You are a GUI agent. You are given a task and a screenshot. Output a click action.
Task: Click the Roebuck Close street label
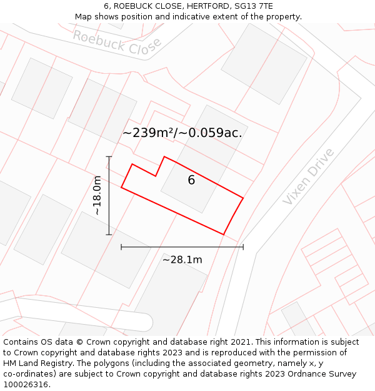coord(116,41)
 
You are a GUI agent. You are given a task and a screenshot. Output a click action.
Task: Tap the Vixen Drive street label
coord(308,176)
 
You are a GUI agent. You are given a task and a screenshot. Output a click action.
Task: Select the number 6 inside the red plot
coord(191,180)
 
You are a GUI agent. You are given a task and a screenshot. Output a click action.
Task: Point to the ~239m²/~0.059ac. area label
coord(182,133)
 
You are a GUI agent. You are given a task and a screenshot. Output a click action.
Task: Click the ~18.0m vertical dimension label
coord(97,196)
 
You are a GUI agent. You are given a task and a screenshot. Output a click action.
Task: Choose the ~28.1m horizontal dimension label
coord(182,260)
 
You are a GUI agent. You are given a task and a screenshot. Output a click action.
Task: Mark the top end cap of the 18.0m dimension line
coord(109,156)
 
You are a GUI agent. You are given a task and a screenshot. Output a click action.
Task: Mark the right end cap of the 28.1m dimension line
coord(243,247)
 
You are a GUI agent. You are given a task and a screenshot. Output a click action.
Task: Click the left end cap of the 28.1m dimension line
coord(121,247)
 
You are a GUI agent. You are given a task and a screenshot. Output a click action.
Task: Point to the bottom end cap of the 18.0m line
coord(109,235)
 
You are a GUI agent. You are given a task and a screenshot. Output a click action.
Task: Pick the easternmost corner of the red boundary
coord(242,199)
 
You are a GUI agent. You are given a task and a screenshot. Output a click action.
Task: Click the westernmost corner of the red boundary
coord(121,186)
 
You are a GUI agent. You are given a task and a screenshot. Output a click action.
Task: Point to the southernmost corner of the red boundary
coord(224,235)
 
